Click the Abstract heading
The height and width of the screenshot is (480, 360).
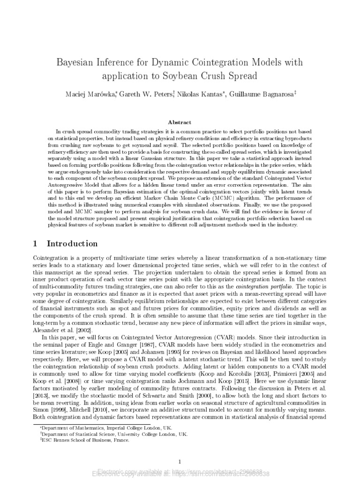click(180, 122)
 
